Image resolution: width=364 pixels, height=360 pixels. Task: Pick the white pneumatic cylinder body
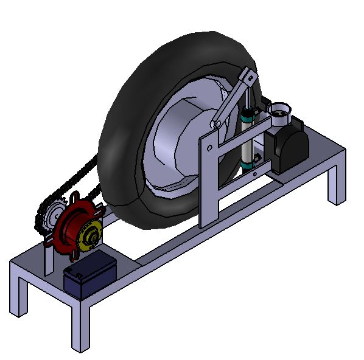[x=247, y=137]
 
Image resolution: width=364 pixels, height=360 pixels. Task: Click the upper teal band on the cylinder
[x=247, y=114]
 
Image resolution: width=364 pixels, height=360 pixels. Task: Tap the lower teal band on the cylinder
[x=246, y=162]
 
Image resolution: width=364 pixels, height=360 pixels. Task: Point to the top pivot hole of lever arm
[x=246, y=75]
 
